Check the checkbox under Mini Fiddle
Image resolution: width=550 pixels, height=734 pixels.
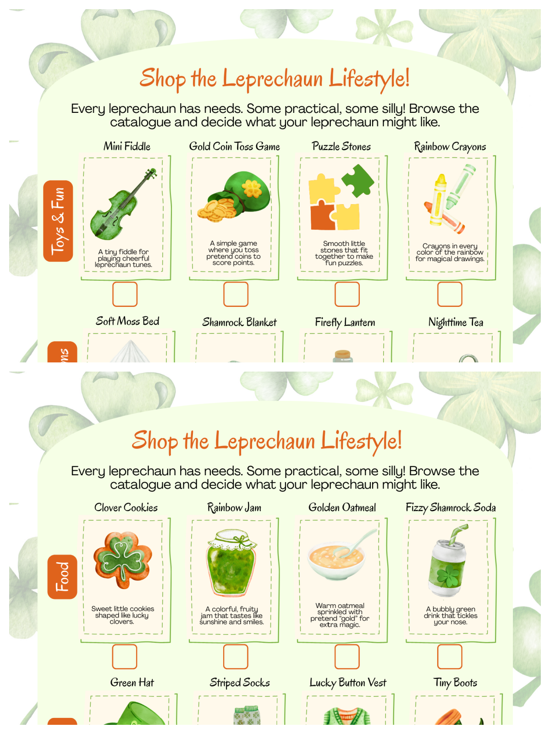125,294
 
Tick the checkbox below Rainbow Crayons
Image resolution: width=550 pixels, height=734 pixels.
450,294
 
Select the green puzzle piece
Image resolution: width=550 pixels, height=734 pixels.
358,180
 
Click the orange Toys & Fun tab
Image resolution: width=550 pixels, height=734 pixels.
58,221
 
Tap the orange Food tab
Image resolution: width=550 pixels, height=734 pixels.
62,577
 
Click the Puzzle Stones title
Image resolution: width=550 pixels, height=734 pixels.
341,146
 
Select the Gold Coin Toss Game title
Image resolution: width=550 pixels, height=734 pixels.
234,146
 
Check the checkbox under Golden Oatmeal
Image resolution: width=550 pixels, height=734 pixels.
347,656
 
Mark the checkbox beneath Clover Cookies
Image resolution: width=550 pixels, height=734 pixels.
125,656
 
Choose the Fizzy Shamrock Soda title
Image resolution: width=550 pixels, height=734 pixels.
451,507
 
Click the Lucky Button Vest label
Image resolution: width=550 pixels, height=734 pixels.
347,683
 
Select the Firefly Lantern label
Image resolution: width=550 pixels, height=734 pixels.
345,322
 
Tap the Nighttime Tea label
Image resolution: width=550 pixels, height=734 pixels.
456,322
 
